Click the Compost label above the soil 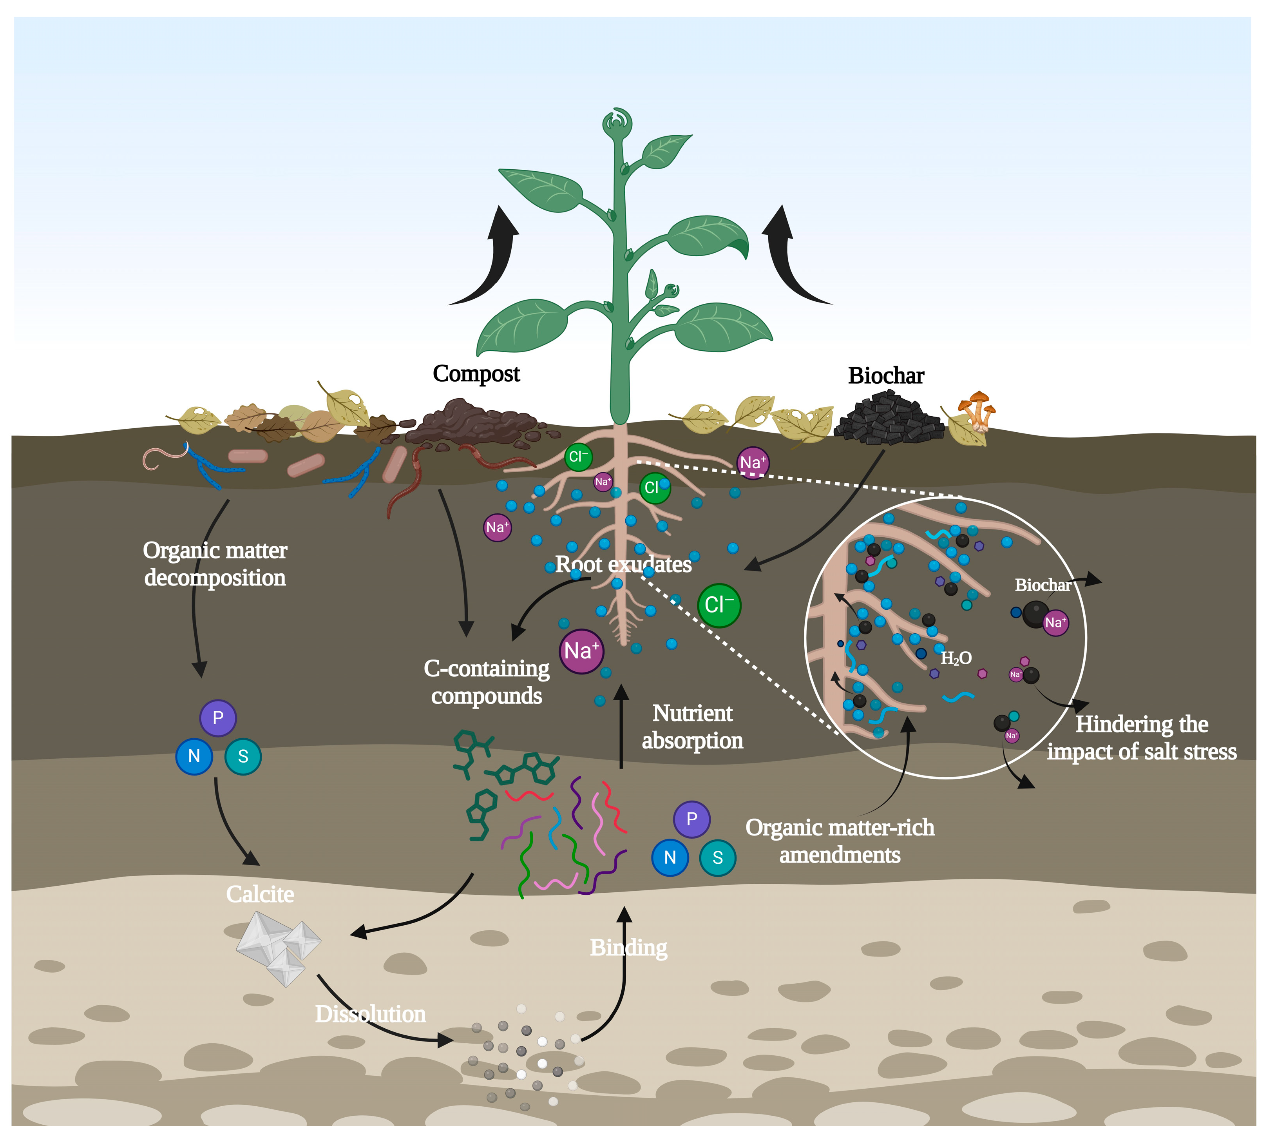pyautogui.click(x=476, y=374)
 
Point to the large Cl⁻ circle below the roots pyautogui.click(x=719, y=605)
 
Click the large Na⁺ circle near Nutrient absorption pyautogui.click(x=581, y=651)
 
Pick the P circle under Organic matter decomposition pyautogui.click(x=218, y=718)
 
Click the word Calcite pyautogui.click(x=260, y=894)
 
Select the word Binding pyautogui.click(x=628, y=948)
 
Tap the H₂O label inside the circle pyautogui.click(x=956, y=658)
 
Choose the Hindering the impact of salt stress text pyautogui.click(x=1141, y=738)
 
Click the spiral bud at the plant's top pyautogui.click(x=617, y=122)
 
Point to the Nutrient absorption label pyautogui.click(x=692, y=727)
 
